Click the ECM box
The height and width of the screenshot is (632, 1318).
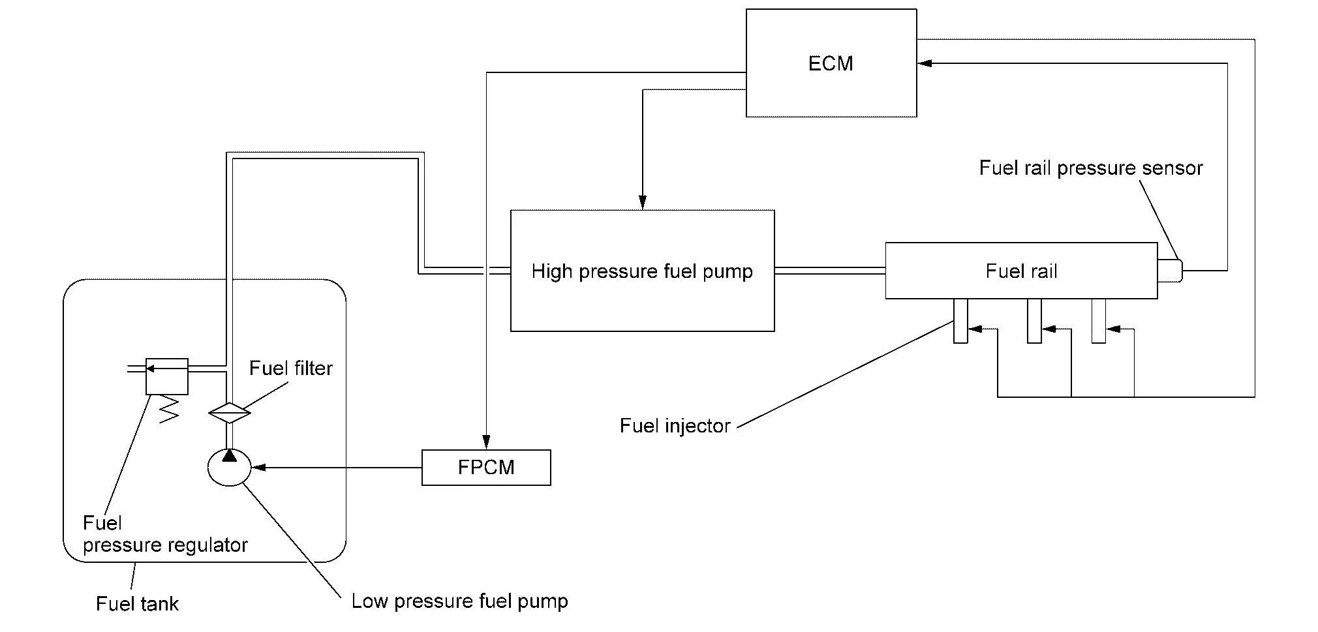coord(831,63)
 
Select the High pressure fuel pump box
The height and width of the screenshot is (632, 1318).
coord(642,271)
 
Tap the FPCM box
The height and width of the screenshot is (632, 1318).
coord(486,468)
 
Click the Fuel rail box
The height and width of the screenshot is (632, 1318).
coord(1021,271)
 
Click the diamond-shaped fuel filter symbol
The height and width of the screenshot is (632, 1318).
coord(229,412)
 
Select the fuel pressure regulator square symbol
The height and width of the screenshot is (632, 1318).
coord(167,376)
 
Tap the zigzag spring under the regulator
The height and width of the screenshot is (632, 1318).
coord(168,409)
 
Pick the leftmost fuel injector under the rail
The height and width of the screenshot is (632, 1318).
coord(960,320)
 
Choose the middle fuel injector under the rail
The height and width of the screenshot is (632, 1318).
coord(1034,320)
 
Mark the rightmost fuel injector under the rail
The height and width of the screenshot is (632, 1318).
coord(1099,320)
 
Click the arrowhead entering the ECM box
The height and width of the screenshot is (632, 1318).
coord(925,63)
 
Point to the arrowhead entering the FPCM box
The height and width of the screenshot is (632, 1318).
coord(486,444)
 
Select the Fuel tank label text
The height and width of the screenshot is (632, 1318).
coord(137,604)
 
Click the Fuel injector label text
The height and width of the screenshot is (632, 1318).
coord(675,426)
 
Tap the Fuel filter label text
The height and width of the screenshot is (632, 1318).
coord(291,369)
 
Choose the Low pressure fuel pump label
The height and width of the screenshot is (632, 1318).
coord(459,601)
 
